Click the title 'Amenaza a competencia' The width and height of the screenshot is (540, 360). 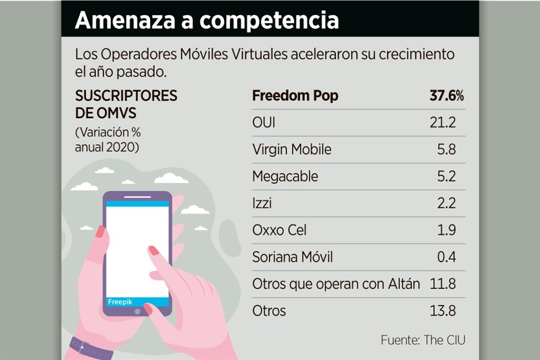coord(207,20)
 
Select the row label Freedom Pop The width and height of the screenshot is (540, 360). coord(295,96)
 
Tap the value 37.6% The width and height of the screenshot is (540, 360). coord(447,96)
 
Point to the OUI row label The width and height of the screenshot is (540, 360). coord(264,123)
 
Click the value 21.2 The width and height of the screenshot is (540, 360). coord(442,123)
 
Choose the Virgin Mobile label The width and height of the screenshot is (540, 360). coord(292,150)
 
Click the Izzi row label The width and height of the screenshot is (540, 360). coord(262,203)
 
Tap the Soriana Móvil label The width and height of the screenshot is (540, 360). coord(293,257)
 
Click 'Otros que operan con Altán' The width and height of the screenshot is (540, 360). coord(336,284)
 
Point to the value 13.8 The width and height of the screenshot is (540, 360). coord(442,310)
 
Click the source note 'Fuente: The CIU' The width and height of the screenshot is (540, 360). coord(423,340)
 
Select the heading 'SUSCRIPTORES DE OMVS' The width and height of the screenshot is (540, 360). coord(126,104)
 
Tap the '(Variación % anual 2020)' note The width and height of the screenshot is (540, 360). coord(108,140)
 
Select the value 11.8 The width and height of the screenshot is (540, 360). coord(442,284)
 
